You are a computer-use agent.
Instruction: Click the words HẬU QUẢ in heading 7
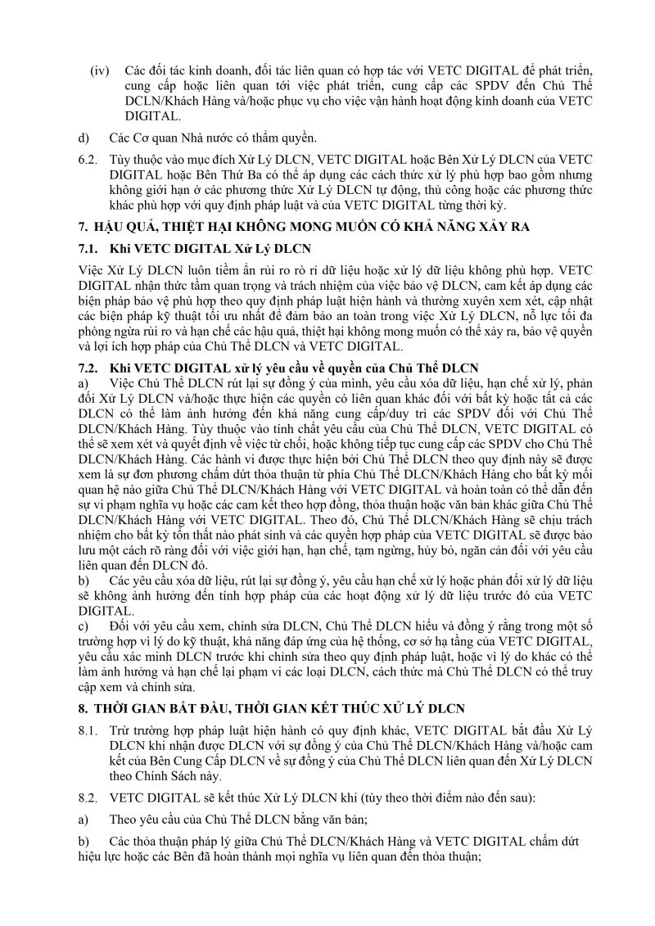[127, 225]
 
